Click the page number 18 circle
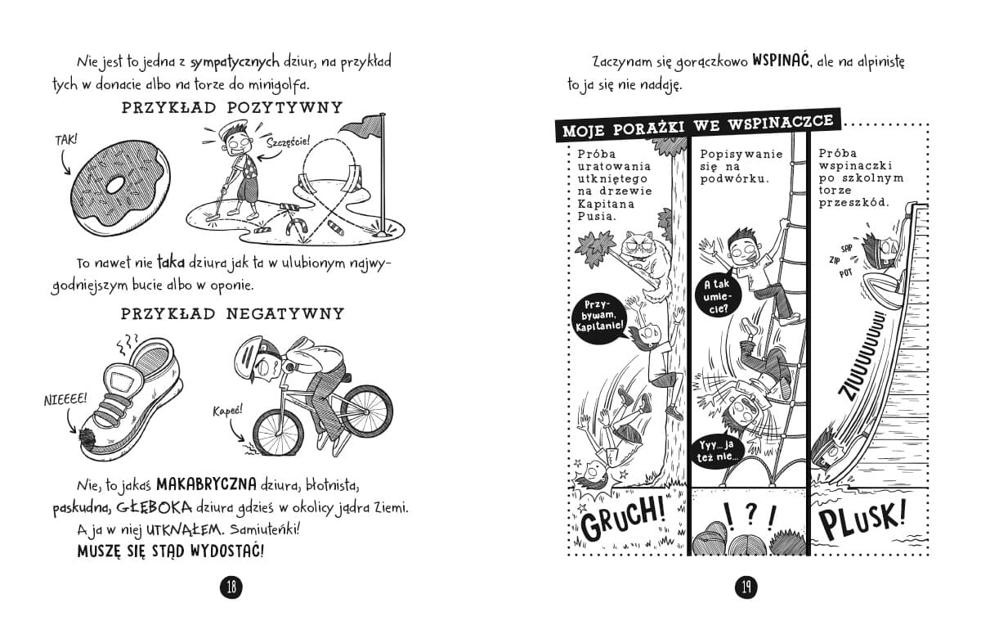click(231, 587)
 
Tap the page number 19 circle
click(746, 587)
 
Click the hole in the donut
click(115, 185)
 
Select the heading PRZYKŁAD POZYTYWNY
click(232, 108)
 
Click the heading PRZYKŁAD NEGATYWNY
click(232, 314)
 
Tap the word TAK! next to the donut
click(66, 140)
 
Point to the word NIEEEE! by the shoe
click(65, 400)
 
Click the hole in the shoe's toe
click(87, 438)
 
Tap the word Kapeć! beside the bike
click(227, 412)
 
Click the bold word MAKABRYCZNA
click(206, 484)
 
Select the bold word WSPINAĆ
click(781, 60)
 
